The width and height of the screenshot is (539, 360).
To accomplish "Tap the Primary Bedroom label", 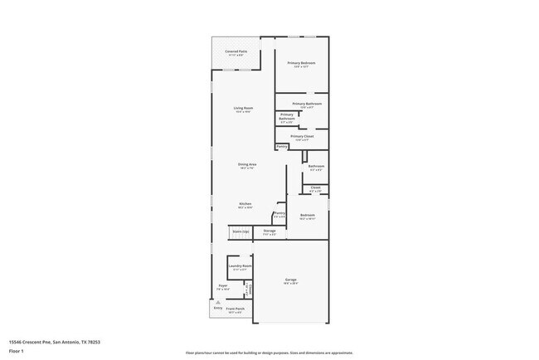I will (301, 63).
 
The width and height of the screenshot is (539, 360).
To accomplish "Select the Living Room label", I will (243, 109).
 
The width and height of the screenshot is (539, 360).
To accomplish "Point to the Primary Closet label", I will (301, 136).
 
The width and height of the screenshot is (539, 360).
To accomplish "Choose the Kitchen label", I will (245, 204).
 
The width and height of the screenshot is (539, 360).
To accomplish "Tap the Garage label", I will (291, 280).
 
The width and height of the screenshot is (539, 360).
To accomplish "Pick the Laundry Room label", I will (240, 266).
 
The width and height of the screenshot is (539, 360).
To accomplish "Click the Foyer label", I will (223, 285).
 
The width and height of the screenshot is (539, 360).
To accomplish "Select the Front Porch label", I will (235, 309).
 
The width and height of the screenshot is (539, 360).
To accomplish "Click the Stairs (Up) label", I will (240, 231).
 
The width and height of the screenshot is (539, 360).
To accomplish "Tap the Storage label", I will (269, 231).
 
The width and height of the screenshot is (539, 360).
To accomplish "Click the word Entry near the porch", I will (217, 308).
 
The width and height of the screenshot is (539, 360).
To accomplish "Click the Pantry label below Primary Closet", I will (282, 146).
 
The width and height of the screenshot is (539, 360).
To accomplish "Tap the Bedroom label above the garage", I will (308, 215).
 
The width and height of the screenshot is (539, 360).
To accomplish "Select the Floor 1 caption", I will (15, 351).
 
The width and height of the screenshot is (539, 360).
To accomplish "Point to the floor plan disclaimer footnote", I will (269, 352).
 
